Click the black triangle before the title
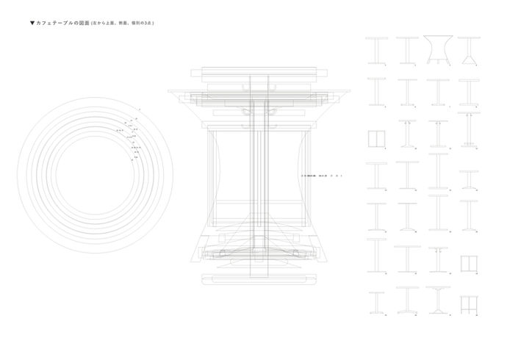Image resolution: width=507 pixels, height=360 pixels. [x=32, y=24]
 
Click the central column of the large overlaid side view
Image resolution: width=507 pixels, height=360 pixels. [x=261, y=176]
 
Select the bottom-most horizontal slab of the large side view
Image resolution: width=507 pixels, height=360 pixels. [x=261, y=279]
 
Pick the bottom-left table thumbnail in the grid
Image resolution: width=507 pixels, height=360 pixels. [x=375, y=303]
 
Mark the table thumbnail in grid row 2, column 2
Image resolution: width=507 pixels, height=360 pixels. [x=406, y=93]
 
